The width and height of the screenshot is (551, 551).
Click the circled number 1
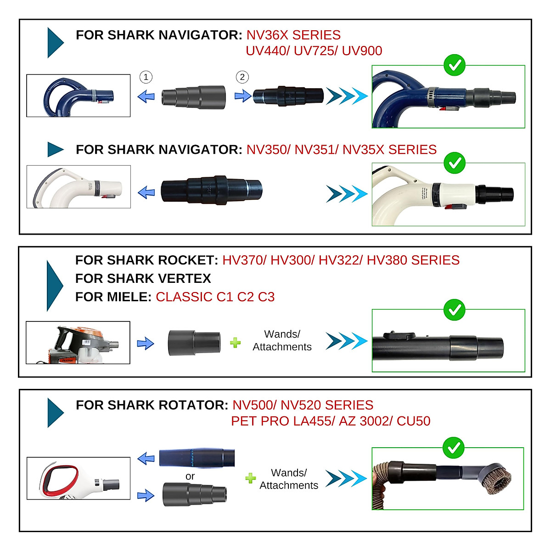146,77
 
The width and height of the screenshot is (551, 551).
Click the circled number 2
242,77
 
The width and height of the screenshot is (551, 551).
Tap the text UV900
362,51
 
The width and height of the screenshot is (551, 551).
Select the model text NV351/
316,150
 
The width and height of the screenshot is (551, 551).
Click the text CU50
413,421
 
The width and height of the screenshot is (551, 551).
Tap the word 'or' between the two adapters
190,477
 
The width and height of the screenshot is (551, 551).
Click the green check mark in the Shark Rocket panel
455,310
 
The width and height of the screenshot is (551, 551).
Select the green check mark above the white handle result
455,163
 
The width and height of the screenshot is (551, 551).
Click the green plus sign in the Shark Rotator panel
250,478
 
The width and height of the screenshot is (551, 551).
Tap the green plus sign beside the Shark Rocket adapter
235,343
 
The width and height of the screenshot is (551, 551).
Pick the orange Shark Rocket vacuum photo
78,343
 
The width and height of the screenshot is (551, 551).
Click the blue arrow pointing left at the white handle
146,192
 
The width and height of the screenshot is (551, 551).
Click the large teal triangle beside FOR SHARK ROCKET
55,286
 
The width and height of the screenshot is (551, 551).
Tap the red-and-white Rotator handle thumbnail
79,478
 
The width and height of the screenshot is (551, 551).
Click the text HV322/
340,260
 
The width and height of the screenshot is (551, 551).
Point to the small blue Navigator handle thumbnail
79,96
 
